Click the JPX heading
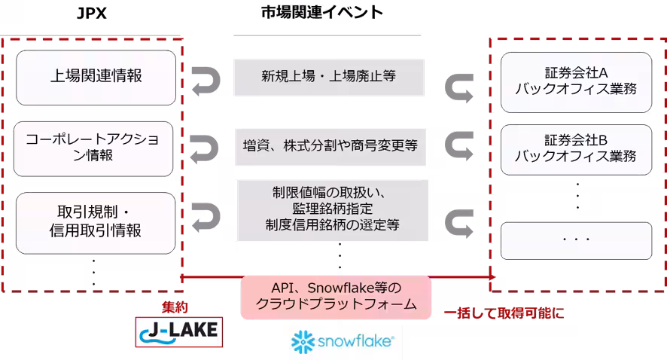[x=91, y=14]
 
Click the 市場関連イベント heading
[x=322, y=12]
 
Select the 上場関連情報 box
[x=96, y=78]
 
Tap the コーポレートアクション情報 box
[x=93, y=148]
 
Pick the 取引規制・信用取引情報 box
[x=96, y=223]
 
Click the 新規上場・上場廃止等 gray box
[x=329, y=77]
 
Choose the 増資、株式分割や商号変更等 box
[x=330, y=146]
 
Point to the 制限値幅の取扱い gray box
[x=333, y=210]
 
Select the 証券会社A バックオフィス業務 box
[x=577, y=82]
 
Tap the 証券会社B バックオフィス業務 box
[x=577, y=149]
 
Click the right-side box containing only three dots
[x=577, y=240]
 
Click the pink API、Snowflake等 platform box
[x=336, y=297]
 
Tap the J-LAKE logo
[x=179, y=331]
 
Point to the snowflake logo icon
[x=303, y=342]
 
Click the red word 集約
[x=175, y=307]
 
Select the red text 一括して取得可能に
[x=504, y=313]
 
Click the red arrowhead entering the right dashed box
[x=492, y=277]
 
